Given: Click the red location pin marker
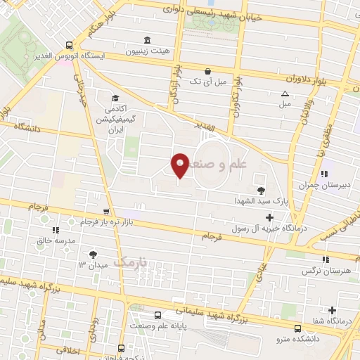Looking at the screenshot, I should [180, 165].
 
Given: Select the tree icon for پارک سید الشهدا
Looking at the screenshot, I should [262, 190].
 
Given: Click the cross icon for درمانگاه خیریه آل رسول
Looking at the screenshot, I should [270, 218].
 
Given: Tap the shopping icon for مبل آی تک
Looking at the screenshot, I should [207, 71].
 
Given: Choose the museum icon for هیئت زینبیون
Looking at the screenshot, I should [147, 39].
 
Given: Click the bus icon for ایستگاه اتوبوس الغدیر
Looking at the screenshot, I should [67, 43].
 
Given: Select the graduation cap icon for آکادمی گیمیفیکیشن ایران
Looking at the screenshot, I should [115, 98].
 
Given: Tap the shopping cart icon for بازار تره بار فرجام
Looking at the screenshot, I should [106, 212].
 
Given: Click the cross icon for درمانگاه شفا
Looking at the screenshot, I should [332, 310].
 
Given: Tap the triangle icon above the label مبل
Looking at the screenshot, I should [285, 94].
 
